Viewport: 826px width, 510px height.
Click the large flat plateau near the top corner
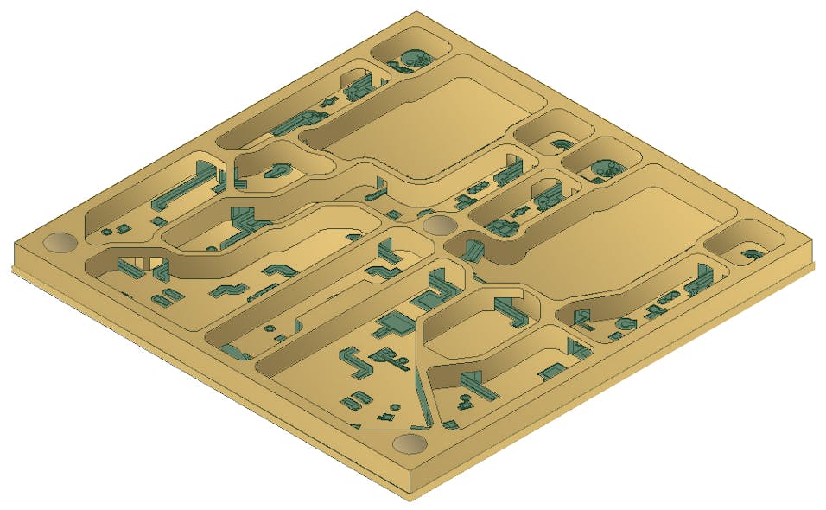(x=432, y=125)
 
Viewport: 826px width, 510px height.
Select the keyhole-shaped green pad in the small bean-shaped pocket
(x=282, y=168)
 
